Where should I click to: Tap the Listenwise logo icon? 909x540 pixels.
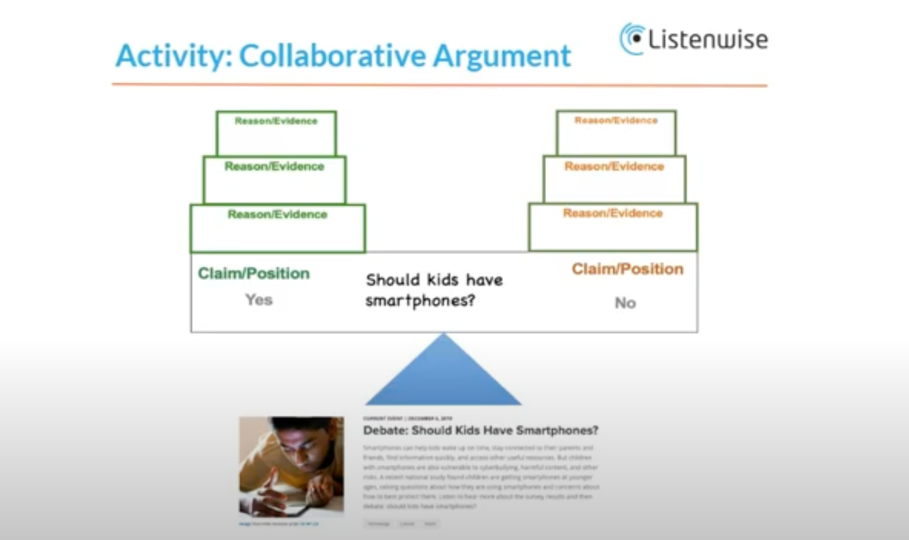632,38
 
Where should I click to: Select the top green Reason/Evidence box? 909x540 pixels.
276,133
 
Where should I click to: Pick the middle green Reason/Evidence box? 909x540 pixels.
274,180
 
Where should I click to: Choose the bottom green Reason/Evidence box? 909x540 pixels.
278,228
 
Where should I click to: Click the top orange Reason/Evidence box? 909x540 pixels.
616,132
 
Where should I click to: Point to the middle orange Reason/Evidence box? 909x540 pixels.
614,179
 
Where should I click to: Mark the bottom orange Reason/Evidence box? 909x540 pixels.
613,227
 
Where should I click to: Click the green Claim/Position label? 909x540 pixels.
253,274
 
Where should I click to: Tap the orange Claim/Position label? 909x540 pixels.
627,269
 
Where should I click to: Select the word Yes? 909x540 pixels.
259,300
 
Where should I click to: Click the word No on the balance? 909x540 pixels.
625,303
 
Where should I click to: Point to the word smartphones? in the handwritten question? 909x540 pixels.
420,301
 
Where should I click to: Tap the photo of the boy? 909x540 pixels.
291,466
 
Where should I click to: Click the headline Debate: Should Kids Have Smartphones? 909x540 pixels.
480,431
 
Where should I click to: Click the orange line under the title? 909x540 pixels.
439,85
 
